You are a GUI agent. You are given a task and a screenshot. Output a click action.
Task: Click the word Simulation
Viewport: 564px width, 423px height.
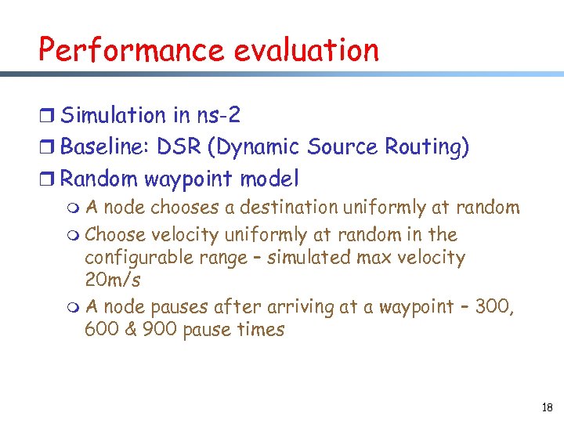click(x=114, y=116)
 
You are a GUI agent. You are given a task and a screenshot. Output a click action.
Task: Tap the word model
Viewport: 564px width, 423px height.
click(x=269, y=179)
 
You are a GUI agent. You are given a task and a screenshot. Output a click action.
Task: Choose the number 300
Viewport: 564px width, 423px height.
click(x=494, y=307)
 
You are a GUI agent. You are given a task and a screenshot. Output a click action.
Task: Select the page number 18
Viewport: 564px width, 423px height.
click(x=546, y=407)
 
